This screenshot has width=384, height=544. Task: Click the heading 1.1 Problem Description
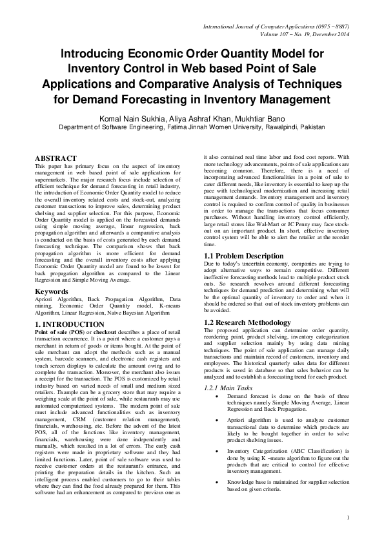(x=243, y=256)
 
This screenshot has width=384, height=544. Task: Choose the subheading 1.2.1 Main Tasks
(x=230, y=387)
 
